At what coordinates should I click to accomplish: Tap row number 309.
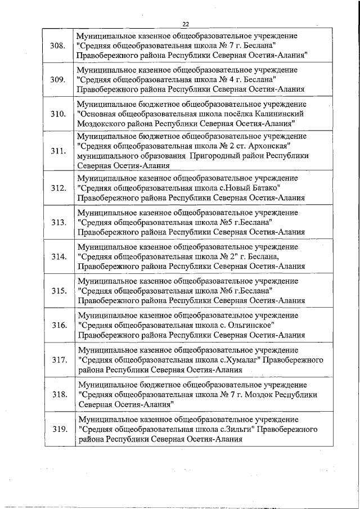pyautogui.click(x=57, y=80)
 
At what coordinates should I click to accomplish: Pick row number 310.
pyautogui.click(x=57, y=114)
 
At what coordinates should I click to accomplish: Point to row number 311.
pyautogui.click(x=57, y=152)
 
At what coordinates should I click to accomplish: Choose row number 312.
pyautogui.click(x=57, y=188)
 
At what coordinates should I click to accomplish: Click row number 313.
pyautogui.click(x=57, y=222)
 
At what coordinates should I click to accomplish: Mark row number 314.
pyautogui.click(x=57, y=256)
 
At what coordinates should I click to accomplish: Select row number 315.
pyautogui.click(x=57, y=291)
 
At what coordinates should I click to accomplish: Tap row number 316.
pyautogui.click(x=57, y=325)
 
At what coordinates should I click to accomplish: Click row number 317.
pyautogui.click(x=57, y=360)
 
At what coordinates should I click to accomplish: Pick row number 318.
pyautogui.click(x=57, y=394)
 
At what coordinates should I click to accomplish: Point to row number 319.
pyautogui.click(x=57, y=430)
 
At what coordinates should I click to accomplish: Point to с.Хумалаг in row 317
pyautogui.click(x=233, y=360)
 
